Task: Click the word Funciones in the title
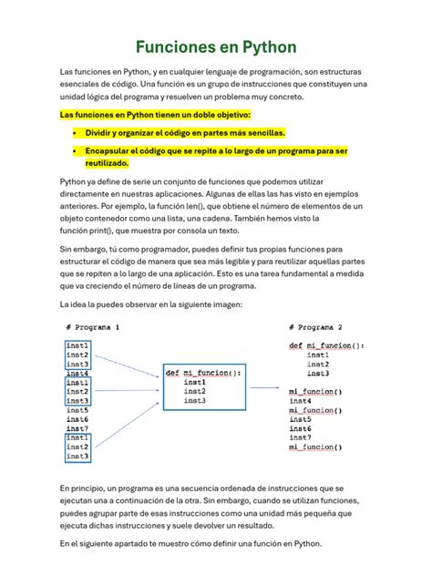click(x=179, y=46)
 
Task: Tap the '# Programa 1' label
click(x=93, y=326)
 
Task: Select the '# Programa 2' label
click(x=315, y=326)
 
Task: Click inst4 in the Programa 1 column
click(x=77, y=374)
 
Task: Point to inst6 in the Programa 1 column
click(x=77, y=419)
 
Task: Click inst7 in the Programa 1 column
click(x=77, y=428)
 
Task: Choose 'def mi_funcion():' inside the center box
click(x=204, y=373)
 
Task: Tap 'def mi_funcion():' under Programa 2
click(x=326, y=345)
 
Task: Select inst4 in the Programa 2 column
click(x=301, y=401)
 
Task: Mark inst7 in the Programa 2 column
click(x=301, y=437)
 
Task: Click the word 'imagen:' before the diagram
click(x=222, y=303)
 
